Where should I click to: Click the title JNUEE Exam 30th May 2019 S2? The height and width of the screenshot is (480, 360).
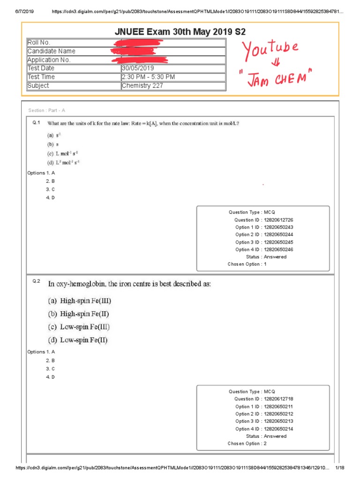pyautogui.click(x=180, y=32)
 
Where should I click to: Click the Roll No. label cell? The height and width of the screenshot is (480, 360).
pyautogui.click(x=74, y=43)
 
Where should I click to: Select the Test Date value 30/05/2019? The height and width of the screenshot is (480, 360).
pyautogui.click(x=139, y=68)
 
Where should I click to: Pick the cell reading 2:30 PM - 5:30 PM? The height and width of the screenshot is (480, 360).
pyautogui.click(x=148, y=77)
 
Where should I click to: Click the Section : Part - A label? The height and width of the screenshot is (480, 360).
pyautogui.click(x=47, y=110)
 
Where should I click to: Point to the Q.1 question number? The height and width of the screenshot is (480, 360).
pyautogui.click(x=37, y=123)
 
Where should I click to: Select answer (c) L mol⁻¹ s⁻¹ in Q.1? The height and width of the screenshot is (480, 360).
pyautogui.click(x=62, y=154)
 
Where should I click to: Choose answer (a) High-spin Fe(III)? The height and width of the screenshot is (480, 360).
pyautogui.click(x=80, y=301)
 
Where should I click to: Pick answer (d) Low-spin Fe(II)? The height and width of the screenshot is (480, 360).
pyautogui.click(x=78, y=340)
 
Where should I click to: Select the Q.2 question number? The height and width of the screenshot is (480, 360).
pyautogui.click(x=37, y=281)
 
